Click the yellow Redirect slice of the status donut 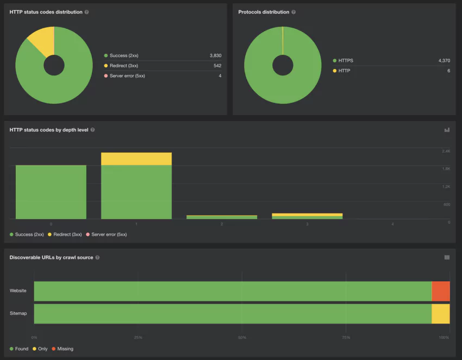pyautogui.click(x=42, y=40)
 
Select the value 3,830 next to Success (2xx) pyautogui.click(x=215, y=56)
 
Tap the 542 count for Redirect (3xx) pyautogui.click(x=217, y=66)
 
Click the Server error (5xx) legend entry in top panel pyautogui.click(x=127, y=76)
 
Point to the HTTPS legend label pyautogui.click(x=346, y=61)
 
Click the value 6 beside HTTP pyautogui.click(x=448, y=71)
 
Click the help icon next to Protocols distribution pyautogui.click(x=294, y=12)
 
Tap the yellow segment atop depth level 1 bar pyautogui.click(x=136, y=159)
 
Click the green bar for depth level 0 pyautogui.click(x=51, y=192)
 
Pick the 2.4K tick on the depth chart pyautogui.click(x=446, y=151)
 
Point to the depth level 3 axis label pyautogui.click(x=307, y=224)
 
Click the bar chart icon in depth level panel pyautogui.click(x=447, y=130)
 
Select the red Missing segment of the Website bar pyautogui.click(x=441, y=291)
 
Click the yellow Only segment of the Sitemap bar pyautogui.click(x=441, y=314)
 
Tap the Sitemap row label pyautogui.click(x=18, y=313)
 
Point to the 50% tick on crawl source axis pyautogui.click(x=242, y=338)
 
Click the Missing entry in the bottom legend pyautogui.click(x=65, y=349)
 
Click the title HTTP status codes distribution pyautogui.click(x=46, y=12)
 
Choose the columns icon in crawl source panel pyautogui.click(x=447, y=257)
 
